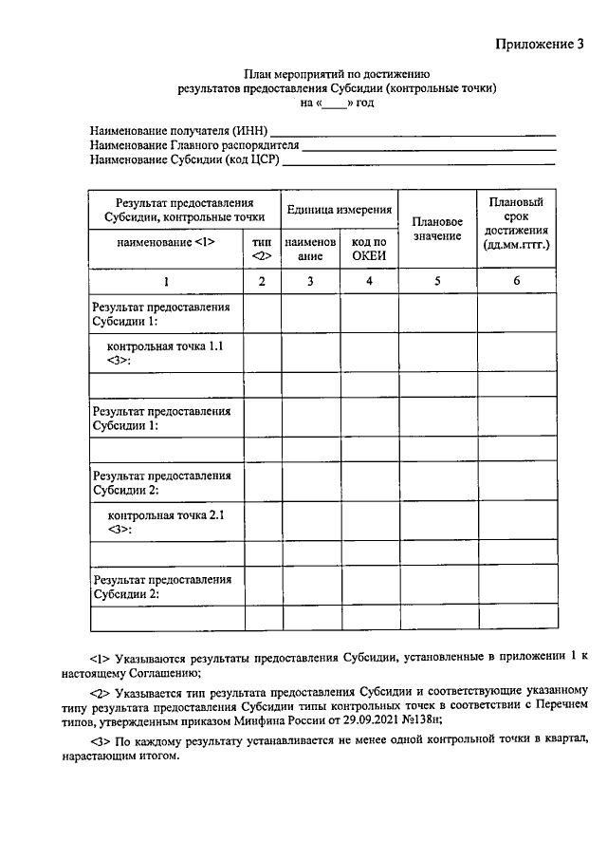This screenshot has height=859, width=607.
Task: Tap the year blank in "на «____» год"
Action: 335,102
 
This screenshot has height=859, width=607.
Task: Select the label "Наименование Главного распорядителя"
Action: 194,145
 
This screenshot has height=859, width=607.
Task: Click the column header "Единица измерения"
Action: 339,209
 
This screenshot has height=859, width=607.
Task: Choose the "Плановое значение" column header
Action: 436,229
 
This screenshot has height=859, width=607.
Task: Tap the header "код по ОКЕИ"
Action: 369,249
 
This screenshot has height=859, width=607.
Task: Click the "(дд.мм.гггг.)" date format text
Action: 516,245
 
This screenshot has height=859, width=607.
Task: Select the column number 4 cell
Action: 369,281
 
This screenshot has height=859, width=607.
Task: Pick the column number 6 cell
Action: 516,281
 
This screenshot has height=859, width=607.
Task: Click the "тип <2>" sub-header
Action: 263,249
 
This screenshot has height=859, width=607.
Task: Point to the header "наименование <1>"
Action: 166,242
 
